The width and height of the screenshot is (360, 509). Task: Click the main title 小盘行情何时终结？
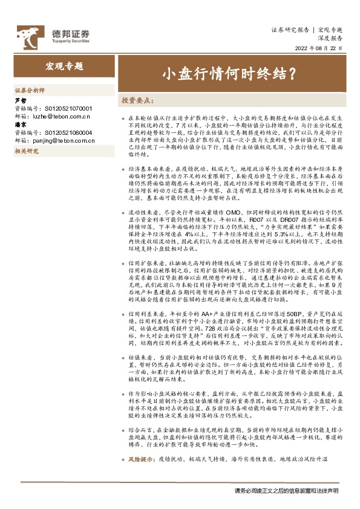228,74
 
